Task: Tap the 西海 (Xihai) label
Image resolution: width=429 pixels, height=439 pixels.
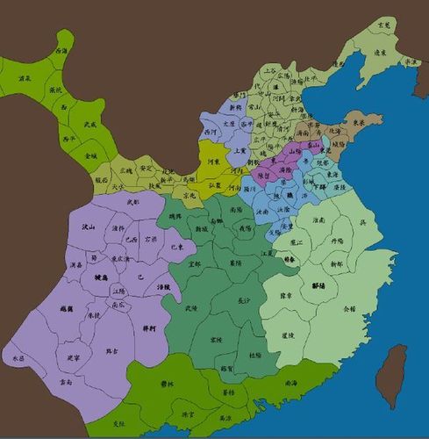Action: pos(61,51)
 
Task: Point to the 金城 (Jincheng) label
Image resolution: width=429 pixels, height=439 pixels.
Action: pos(91,155)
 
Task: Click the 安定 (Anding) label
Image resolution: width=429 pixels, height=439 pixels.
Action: pos(146,167)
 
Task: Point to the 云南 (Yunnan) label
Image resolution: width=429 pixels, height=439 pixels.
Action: pos(62,383)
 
